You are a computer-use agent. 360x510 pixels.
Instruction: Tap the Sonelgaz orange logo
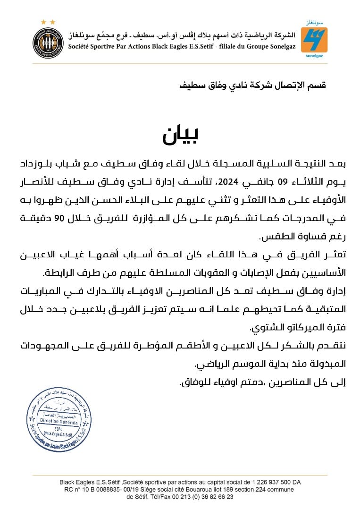pos(314,40)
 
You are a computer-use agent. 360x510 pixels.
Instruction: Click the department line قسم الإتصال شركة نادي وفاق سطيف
pos(252,85)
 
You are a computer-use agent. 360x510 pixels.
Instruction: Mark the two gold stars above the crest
pos(48,22)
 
